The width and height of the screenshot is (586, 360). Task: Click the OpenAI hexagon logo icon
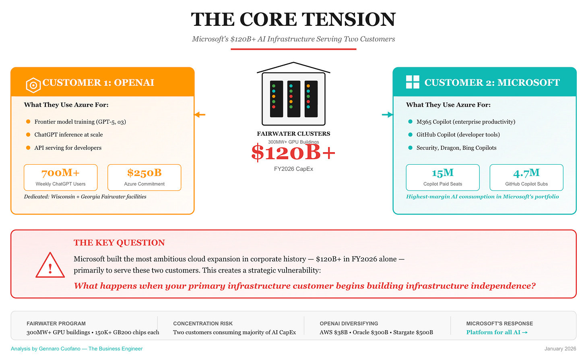pyautogui.click(x=33, y=85)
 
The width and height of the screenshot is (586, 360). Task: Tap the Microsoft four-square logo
pyautogui.click(x=413, y=82)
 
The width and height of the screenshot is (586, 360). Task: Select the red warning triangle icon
pyautogui.click(x=50, y=266)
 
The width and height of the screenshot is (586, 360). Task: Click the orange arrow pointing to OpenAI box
pyautogui.click(x=200, y=115)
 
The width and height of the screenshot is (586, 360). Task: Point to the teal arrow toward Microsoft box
pyautogui.click(x=387, y=115)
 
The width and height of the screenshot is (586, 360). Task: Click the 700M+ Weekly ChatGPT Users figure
pyautogui.click(x=60, y=173)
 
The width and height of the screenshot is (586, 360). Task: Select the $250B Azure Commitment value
pyautogui.click(x=144, y=173)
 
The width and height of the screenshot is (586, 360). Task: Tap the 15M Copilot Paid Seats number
pyautogui.click(x=442, y=173)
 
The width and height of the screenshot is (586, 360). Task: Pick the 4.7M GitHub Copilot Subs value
pyautogui.click(x=526, y=173)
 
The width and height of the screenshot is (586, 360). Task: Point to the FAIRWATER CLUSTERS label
pyautogui.click(x=293, y=134)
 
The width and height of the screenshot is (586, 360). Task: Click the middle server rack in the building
pyautogui.click(x=293, y=99)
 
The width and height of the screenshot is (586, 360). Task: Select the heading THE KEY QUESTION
pyautogui.click(x=119, y=242)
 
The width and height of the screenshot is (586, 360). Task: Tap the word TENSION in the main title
pyautogui.click(x=349, y=19)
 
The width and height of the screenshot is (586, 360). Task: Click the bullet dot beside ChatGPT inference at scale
pyautogui.click(x=28, y=134)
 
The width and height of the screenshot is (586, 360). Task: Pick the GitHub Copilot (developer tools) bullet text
pyautogui.click(x=458, y=134)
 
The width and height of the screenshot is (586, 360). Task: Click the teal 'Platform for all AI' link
pyautogui.click(x=497, y=332)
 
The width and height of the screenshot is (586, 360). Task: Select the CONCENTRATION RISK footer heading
pyautogui.click(x=203, y=323)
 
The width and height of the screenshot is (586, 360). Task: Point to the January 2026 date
pyautogui.click(x=560, y=349)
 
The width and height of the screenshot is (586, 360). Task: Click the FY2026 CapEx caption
pyautogui.click(x=293, y=169)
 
